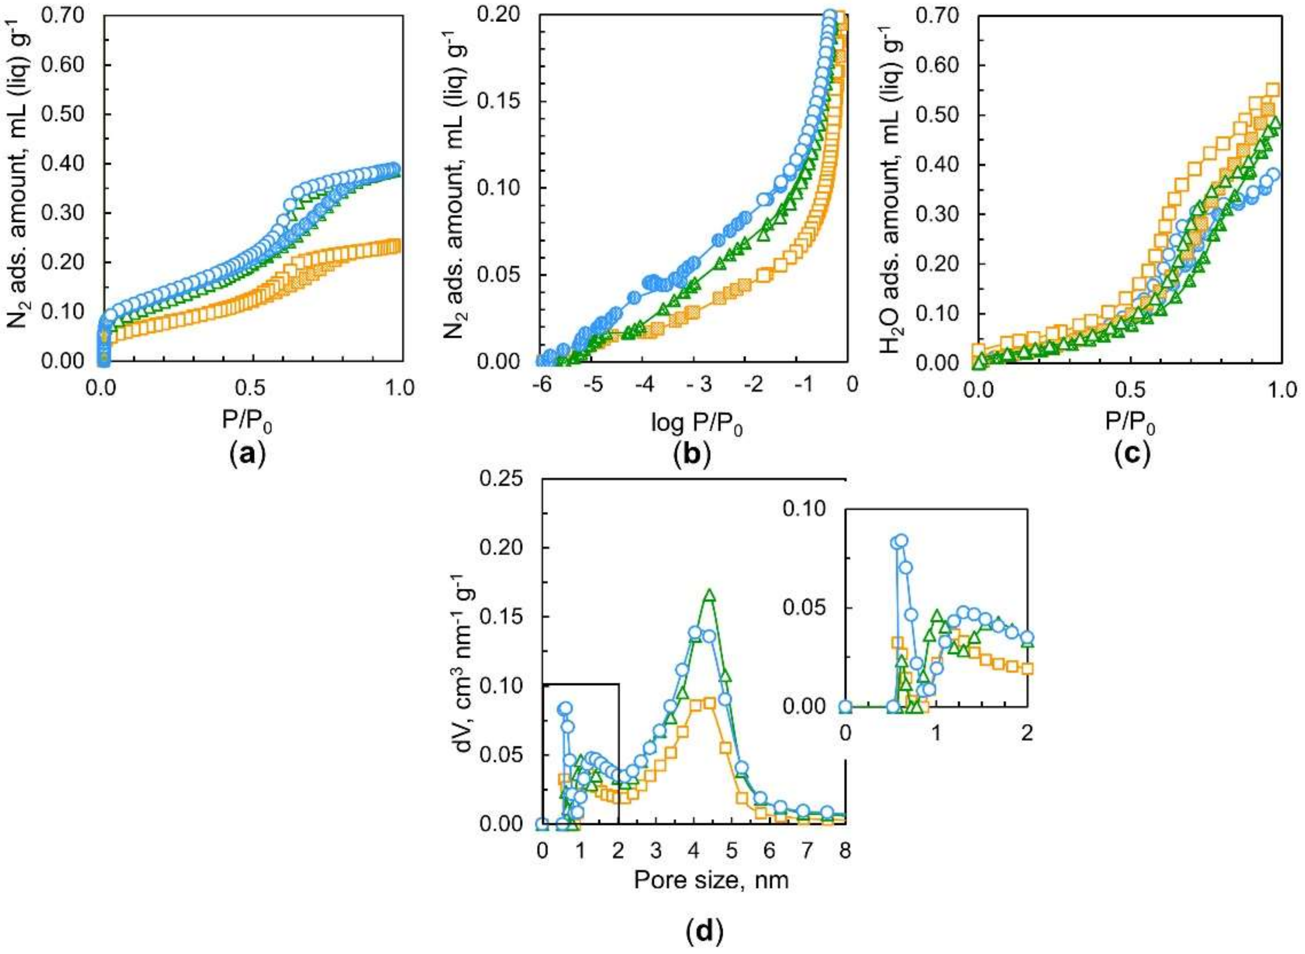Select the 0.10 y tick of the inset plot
pyautogui.click(x=806, y=509)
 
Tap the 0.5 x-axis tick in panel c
pyautogui.click(x=1131, y=391)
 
